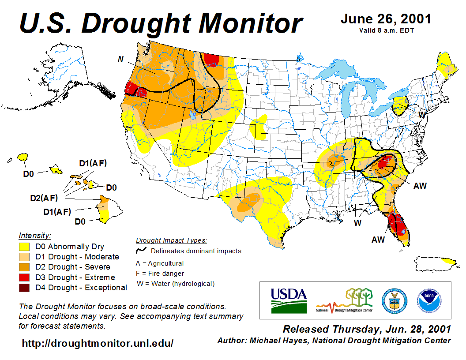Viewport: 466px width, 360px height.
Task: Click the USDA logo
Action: [x=289, y=300]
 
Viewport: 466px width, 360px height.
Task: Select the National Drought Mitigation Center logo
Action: [x=344, y=300]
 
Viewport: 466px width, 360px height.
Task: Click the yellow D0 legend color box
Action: [x=25, y=247]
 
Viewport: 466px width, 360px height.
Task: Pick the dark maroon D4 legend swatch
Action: [x=25, y=288]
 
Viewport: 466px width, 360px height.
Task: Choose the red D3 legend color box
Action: [x=25, y=277]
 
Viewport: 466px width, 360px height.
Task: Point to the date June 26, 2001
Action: [x=386, y=19]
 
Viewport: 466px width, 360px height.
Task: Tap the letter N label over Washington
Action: [x=120, y=59]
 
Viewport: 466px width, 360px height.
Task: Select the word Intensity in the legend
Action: [x=35, y=236]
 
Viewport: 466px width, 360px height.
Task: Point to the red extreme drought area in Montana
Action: [x=211, y=59]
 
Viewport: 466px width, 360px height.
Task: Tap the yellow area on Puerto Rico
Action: [x=449, y=261]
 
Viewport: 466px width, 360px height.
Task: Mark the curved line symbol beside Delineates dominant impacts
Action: [x=141, y=251]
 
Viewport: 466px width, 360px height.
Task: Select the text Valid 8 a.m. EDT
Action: [x=386, y=30]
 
